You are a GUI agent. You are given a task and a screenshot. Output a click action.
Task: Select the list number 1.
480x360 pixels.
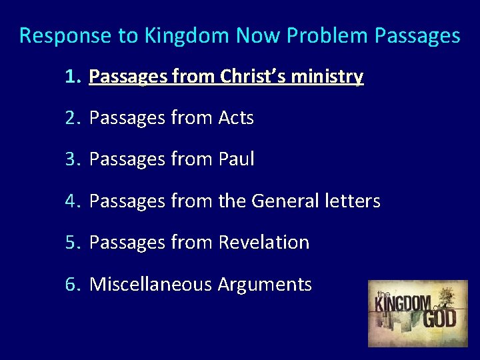72,77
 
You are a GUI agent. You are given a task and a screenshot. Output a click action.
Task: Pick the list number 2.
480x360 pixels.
72,119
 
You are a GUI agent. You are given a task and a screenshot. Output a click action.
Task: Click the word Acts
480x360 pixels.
236,119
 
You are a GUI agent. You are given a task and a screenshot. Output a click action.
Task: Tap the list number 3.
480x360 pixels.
72,160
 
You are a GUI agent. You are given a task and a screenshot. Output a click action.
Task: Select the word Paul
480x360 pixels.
236,160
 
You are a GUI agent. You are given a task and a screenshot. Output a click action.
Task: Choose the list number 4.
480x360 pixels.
72,201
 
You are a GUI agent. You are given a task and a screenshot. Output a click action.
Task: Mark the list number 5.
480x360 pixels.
72,243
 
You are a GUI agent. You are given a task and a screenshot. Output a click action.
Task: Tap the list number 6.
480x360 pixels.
72,285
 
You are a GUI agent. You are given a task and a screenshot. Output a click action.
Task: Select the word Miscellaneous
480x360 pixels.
150,285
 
